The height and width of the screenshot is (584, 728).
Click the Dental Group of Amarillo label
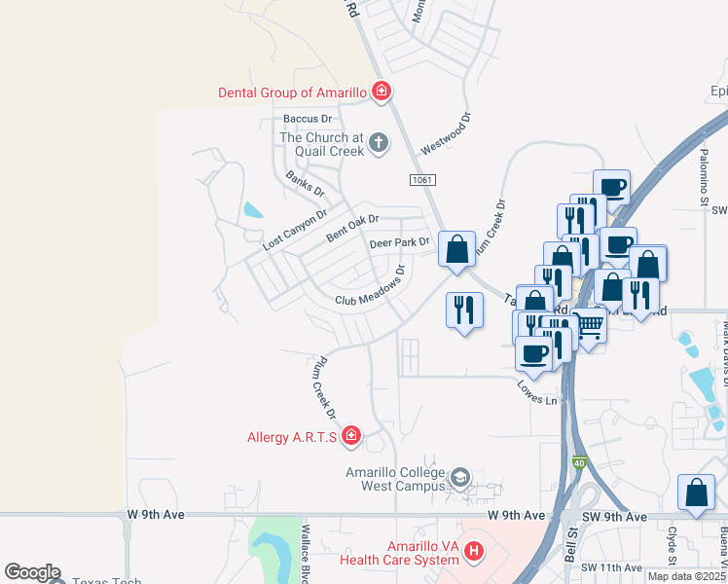[291, 92]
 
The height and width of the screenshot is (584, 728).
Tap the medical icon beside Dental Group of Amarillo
[382, 92]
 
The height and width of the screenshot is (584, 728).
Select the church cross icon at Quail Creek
[378, 144]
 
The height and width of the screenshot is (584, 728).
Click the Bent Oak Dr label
[351, 229]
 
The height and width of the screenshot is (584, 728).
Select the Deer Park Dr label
[399, 242]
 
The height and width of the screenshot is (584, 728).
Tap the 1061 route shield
[422, 180]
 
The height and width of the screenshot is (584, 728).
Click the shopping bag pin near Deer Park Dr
[456, 250]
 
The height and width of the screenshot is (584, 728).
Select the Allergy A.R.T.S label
[292, 437]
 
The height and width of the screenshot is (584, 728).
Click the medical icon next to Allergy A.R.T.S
[350, 436]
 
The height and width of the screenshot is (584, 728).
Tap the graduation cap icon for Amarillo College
[459, 478]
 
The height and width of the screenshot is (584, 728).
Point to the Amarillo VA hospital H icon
[474, 552]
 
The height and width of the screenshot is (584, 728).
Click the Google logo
[32, 573]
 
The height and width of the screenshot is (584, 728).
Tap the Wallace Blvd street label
[306, 548]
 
